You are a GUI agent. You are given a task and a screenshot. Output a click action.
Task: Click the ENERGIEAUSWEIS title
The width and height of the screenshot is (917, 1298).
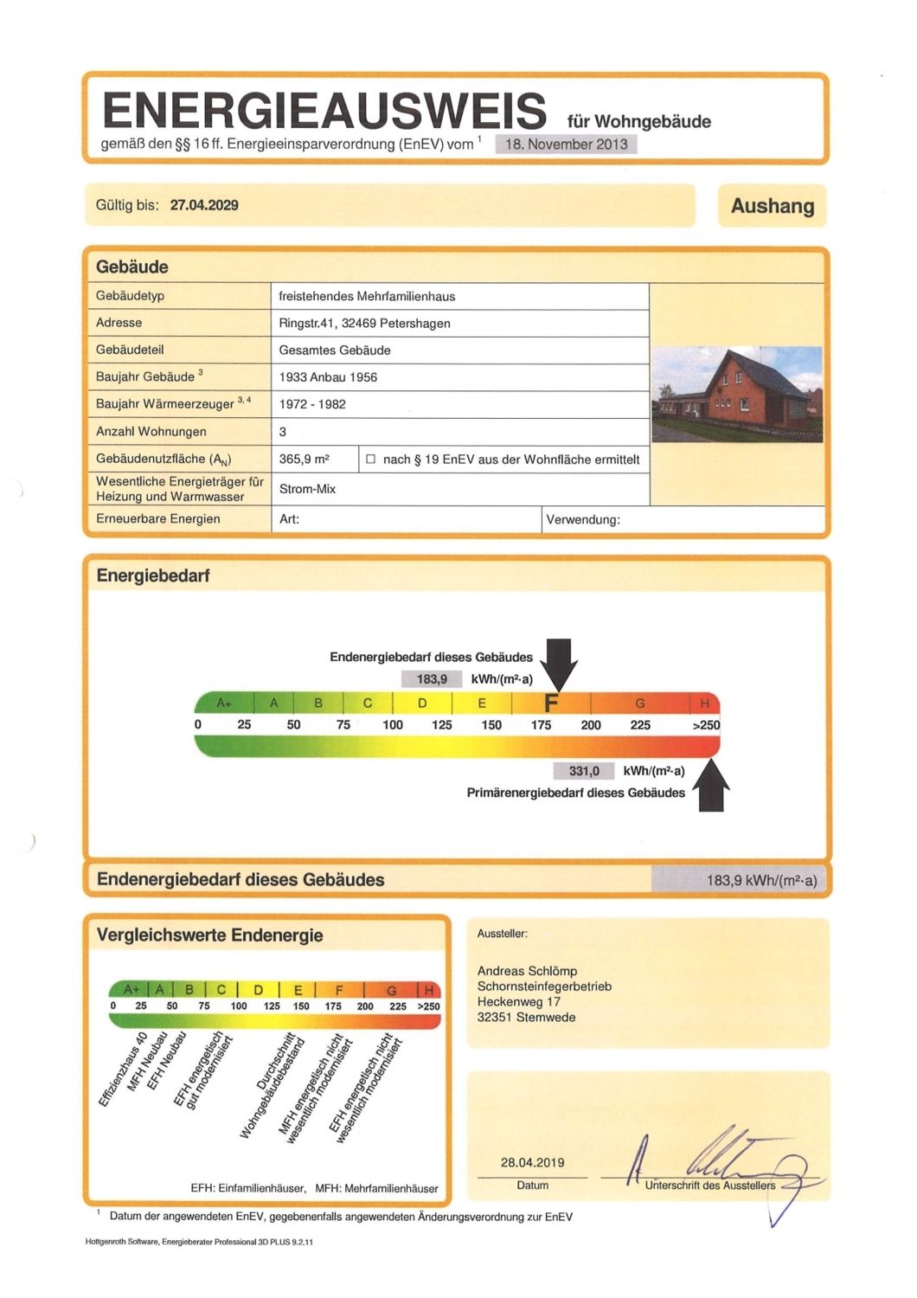pyautogui.click(x=324, y=111)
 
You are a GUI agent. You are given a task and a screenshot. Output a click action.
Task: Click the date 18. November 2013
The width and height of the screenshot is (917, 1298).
pyautogui.click(x=567, y=145)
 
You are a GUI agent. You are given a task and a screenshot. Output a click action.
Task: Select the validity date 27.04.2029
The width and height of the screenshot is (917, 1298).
pyautogui.click(x=204, y=205)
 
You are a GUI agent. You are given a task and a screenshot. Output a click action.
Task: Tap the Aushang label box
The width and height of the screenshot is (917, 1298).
pyautogui.click(x=772, y=206)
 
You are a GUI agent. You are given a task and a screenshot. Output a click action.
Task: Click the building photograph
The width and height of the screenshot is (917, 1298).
pyautogui.click(x=737, y=395)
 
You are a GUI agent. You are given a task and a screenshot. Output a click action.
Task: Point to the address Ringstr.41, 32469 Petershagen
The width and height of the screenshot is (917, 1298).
pyautogui.click(x=364, y=323)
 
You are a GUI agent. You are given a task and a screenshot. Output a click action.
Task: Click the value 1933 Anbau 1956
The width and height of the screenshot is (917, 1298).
pyautogui.click(x=328, y=377)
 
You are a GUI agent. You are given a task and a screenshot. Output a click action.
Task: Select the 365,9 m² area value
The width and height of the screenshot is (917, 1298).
pyautogui.click(x=304, y=459)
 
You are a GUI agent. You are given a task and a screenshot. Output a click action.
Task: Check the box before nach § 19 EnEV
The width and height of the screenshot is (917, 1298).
pyautogui.click(x=371, y=459)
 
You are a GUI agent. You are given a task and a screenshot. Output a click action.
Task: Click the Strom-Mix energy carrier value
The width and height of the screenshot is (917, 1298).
pyautogui.click(x=307, y=489)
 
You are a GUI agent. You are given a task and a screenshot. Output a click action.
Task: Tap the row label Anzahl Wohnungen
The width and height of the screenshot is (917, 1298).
pyautogui.click(x=151, y=431)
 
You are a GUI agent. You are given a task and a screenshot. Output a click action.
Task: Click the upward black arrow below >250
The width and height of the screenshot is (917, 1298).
pyautogui.click(x=710, y=786)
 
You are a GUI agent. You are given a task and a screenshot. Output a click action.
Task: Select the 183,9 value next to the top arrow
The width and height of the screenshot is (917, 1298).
pyautogui.click(x=432, y=679)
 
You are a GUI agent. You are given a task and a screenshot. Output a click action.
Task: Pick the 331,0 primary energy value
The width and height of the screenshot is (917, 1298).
pyautogui.click(x=584, y=771)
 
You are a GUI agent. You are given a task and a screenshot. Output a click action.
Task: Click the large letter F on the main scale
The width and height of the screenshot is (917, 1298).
pyautogui.click(x=551, y=703)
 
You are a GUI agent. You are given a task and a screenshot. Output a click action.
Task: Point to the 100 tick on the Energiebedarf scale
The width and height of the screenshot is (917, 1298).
pyautogui.click(x=393, y=725)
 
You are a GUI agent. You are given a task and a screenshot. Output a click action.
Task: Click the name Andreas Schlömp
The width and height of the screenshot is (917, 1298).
pyautogui.click(x=527, y=971)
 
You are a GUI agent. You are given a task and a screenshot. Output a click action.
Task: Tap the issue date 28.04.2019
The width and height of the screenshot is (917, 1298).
pyautogui.click(x=532, y=1162)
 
